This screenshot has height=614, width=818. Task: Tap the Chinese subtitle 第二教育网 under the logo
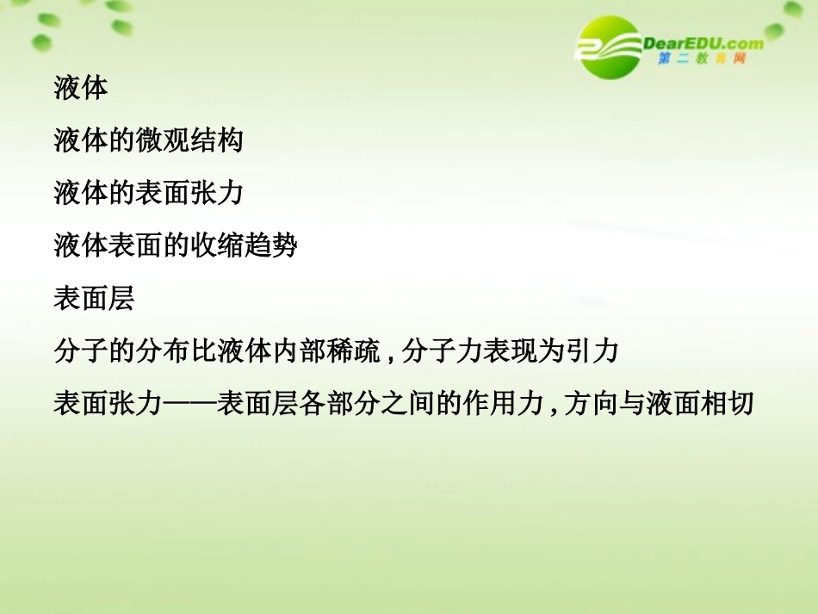(700, 59)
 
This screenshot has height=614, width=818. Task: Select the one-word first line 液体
(80, 88)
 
